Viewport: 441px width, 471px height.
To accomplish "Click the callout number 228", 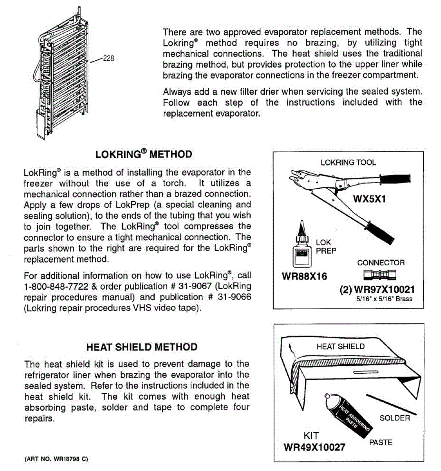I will (108, 58).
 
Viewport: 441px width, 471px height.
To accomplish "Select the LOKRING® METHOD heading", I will (143, 154).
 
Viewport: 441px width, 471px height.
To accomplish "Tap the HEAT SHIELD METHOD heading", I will (142, 347).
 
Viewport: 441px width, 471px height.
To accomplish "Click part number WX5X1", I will (369, 199).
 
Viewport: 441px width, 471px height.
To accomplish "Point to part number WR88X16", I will (304, 276).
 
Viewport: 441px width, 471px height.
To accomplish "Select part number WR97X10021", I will (384, 290).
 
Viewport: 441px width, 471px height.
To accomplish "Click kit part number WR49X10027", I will (314, 447).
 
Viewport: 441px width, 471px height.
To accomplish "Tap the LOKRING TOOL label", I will (348, 162).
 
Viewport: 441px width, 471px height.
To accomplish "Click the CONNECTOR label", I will (381, 263).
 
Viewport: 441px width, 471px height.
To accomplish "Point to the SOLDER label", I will (394, 418).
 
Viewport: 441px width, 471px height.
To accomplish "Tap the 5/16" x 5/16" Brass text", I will (384, 299).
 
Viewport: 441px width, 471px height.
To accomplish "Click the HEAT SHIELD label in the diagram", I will (340, 347).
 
